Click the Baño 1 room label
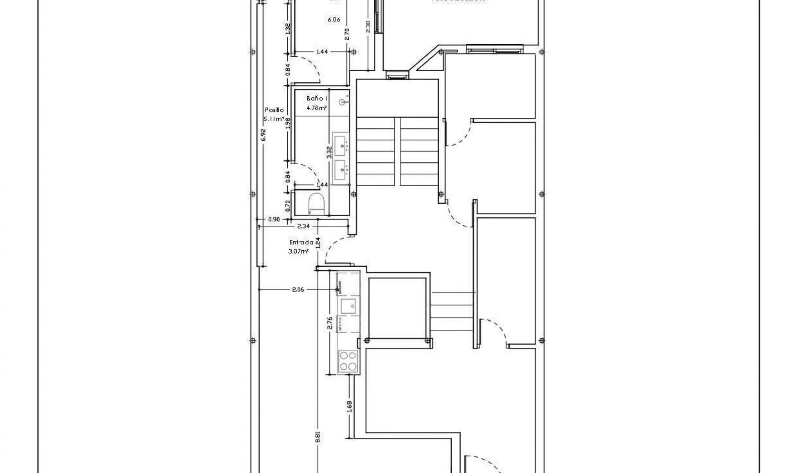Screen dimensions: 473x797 point(317,98)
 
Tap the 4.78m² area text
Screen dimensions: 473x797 point(317,108)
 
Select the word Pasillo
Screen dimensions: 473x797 point(274,110)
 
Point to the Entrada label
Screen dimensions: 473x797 point(301,242)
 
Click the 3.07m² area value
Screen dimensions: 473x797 point(298,251)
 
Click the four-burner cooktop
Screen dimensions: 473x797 point(348,361)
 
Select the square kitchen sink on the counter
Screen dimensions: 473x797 point(348,307)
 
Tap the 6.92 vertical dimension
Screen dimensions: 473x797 point(263,135)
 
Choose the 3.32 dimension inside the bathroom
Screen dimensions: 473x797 point(329,152)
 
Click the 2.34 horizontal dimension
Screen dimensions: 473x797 point(303,226)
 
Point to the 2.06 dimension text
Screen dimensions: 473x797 point(298,290)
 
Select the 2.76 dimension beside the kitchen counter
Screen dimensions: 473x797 point(330,323)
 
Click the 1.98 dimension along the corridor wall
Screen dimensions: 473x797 point(288,124)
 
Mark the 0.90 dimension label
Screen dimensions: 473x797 point(274,219)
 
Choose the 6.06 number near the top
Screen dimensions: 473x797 point(334,19)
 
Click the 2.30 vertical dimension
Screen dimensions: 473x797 point(368,27)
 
